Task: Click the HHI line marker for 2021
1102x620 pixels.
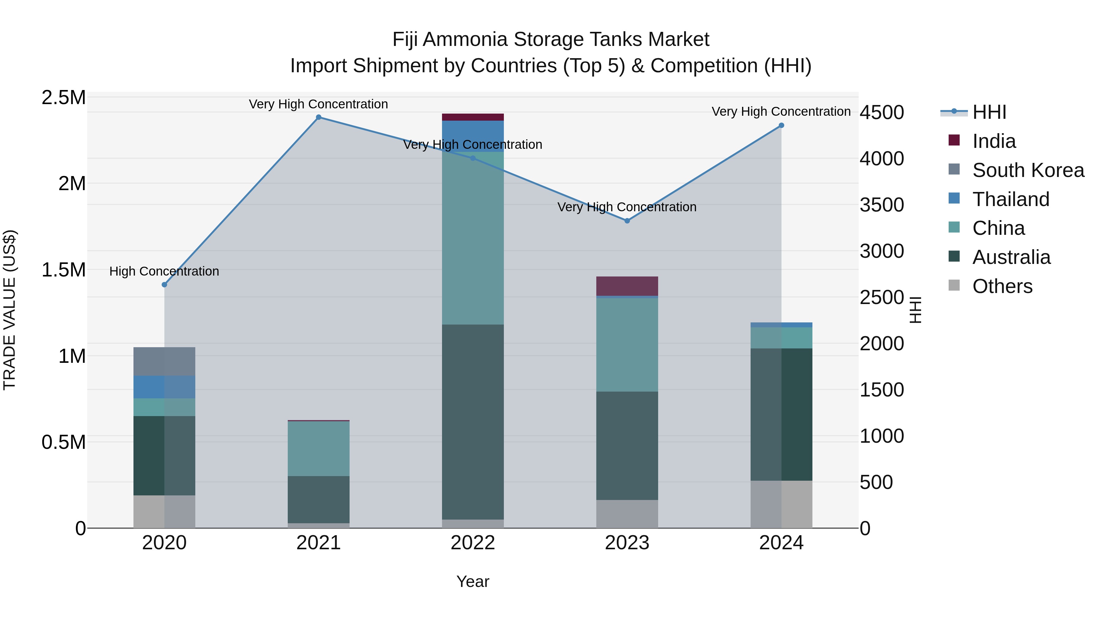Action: (318, 117)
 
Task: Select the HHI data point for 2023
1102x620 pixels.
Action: (627, 221)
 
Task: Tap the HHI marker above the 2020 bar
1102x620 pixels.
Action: (164, 284)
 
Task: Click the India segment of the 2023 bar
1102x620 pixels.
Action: (627, 286)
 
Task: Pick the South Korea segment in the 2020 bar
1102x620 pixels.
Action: (164, 361)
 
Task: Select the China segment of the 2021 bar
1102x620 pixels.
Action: (318, 449)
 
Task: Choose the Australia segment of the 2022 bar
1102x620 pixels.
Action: (473, 422)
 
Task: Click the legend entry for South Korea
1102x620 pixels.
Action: (1028, 170)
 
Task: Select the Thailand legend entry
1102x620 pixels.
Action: (1010, 199)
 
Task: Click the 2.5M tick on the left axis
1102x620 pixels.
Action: (63, 98)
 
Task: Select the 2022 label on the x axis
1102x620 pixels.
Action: (473, 543)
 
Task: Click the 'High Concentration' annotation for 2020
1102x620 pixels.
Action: (164, 271)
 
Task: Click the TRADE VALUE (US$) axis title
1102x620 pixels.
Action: (9, 310)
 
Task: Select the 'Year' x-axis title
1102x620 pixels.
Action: (473, 581)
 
